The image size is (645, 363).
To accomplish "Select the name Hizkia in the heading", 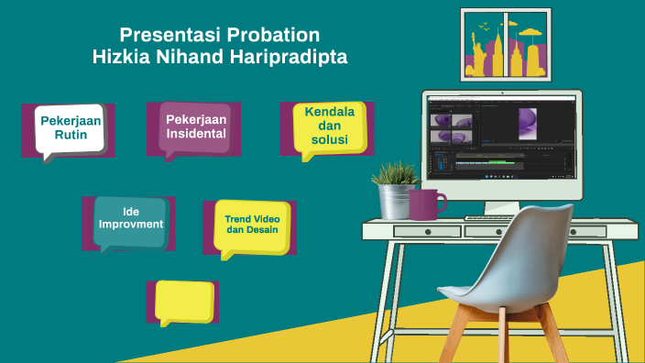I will [120, 57].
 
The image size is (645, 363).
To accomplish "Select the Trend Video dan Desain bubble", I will [252, 225].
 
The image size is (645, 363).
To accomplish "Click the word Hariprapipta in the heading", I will [297, 57].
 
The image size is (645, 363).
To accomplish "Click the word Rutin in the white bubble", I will [70, 134].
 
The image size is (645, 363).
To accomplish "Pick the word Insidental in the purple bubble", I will [196, 134].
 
